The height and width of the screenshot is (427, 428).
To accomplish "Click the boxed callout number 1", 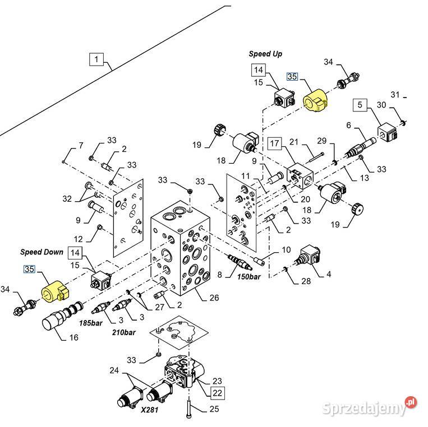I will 96,59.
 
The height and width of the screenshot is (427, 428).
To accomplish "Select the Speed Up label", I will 265,54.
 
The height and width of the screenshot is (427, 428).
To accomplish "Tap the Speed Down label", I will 42,252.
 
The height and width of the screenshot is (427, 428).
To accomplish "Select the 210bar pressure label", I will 123,332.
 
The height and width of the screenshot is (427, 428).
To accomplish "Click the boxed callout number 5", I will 360,105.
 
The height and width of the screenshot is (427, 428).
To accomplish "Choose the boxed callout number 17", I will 274,144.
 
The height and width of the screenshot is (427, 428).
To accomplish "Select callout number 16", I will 73,337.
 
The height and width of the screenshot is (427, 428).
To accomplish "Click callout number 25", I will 214,410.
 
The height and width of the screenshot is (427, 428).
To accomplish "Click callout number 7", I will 81,146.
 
